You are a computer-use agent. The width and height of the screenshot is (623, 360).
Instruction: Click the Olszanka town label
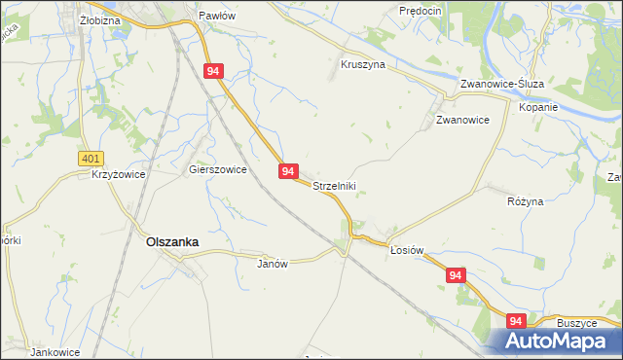[x=172, y=243]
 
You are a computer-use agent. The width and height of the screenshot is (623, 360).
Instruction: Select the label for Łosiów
[x=407, y=250]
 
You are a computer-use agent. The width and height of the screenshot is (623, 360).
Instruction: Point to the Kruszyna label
[x=363, y=64]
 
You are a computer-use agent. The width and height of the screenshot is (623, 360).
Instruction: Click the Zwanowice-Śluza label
[x=502, y=84]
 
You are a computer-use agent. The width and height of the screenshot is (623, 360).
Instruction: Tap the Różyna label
[x=526, y=201]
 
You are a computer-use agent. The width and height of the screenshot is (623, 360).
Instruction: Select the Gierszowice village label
[x=217, y=168]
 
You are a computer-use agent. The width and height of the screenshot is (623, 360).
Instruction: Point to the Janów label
[x=274, y=264]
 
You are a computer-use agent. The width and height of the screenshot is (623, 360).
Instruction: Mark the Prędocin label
[x=421, y=10]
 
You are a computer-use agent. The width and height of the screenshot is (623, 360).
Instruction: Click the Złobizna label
[x=99, y=19]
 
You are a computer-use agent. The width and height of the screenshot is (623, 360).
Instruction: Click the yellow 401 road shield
[x=91, y=157]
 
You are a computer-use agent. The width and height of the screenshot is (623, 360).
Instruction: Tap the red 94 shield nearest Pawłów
[x=214, y=71]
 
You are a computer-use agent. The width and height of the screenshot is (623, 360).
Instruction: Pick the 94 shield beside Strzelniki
[x=287, y=171]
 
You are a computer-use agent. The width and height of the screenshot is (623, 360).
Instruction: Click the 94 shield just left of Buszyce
[x=515, y=321]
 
